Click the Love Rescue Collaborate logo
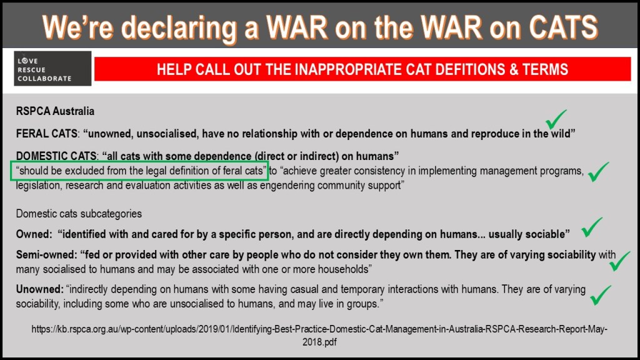click(x=52, y=69)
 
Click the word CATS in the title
click(x=563, y=27)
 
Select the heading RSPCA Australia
click(x=55, y=111)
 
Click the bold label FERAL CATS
click(x=46, y=134)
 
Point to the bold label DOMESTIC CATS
click(x=56, y=156)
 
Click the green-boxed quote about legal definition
click(x=139, y=171)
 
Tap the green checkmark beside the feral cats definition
click(x=556, y=119)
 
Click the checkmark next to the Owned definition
click(x=592, y=227)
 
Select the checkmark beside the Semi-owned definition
click(x=619, y=261)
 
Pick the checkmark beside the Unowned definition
click(x=601, y=295)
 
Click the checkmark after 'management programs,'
click(x=598, y=172)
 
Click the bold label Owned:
click(x=34, y=234)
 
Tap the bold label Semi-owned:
click(x=46, y=255)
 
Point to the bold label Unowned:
click(x=40, y=289)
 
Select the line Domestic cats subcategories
click(x=79, y=214)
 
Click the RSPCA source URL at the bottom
click(x=319, y=335)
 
